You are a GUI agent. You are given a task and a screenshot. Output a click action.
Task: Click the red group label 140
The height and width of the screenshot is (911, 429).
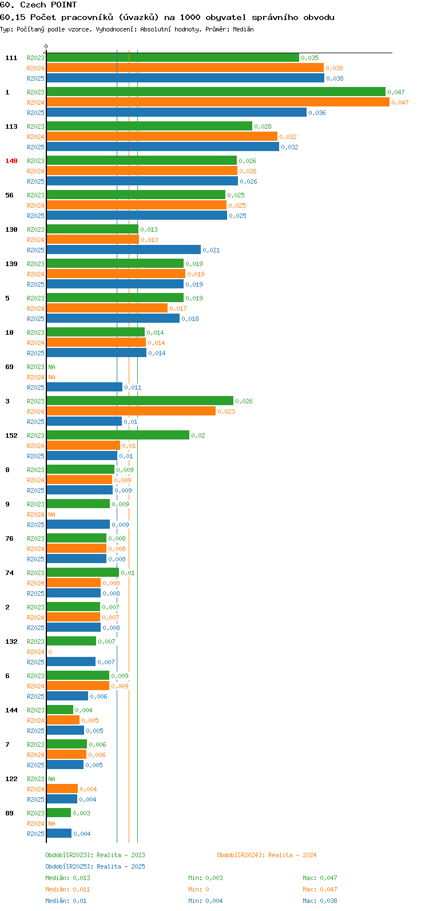coord(11,161)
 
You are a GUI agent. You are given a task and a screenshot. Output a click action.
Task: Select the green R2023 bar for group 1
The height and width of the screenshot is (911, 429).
coord(216,92)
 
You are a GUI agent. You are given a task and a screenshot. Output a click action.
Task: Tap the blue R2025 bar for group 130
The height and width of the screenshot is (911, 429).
coord(124,249)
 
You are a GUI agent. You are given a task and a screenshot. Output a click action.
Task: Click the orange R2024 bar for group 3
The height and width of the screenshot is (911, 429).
coord(131,411)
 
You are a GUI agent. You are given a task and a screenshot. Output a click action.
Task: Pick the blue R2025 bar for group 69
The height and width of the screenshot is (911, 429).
coord(85,387)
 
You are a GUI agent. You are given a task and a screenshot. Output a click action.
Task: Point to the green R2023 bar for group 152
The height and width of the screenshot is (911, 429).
coord(118,435)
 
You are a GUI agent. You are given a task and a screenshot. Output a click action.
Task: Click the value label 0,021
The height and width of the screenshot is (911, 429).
coord(212,250)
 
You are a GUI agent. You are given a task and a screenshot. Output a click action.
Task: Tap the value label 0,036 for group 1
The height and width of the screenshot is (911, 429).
coord(317,113)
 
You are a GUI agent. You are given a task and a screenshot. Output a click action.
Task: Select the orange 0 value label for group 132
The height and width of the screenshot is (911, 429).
coord(50,652)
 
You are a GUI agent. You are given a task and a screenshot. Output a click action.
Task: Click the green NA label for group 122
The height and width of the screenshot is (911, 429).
coord(51,779)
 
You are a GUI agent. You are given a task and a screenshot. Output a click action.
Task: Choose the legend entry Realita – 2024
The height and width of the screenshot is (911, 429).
coord(267,855)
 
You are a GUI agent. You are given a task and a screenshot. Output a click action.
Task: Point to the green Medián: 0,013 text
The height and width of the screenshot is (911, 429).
coord(68,878)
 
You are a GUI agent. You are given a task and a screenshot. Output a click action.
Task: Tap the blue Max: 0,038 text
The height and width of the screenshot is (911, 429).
coord(320,901)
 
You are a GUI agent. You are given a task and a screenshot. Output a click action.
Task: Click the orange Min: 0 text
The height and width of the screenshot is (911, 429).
coord(199,889)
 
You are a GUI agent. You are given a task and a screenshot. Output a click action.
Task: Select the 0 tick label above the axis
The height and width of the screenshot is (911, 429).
coord(46,46)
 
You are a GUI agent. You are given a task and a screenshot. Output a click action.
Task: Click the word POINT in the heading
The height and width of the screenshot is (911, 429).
coord(63,5)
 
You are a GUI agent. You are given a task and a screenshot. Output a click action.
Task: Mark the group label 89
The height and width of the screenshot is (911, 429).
coord(9,813)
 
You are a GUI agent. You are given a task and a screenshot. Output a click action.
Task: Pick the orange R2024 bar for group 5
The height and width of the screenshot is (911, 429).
coord(107,308)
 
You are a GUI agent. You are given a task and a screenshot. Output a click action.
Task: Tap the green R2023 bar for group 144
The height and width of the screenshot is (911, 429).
coord(60,710)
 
